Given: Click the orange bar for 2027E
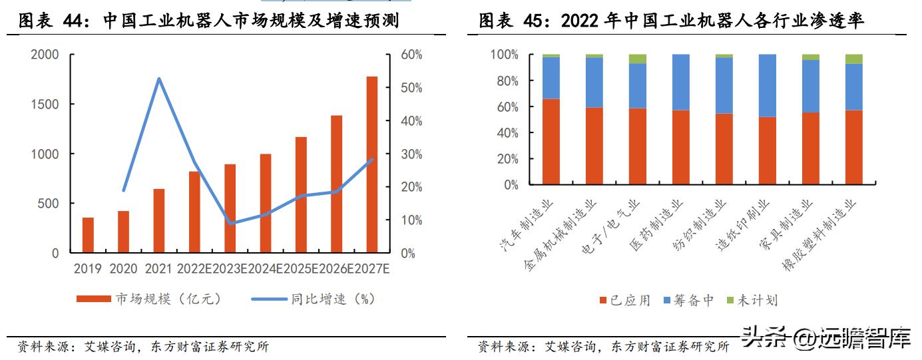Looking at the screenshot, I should [371, 164].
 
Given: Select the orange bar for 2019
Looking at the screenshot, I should [88, 235].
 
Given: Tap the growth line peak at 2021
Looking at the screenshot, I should [159, 79].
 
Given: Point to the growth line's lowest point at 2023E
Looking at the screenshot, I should [230, 224].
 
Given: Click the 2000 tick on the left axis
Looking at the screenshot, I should [45, 55].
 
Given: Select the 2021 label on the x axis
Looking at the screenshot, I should [158, 269].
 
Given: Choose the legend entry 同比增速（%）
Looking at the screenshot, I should [313, 299].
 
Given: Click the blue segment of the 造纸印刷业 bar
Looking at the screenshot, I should [767, 85].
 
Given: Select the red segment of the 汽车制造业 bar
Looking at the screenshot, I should [551, 141].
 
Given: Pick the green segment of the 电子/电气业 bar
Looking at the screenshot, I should [637, 59].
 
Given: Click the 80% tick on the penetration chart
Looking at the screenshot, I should [507, 81].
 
